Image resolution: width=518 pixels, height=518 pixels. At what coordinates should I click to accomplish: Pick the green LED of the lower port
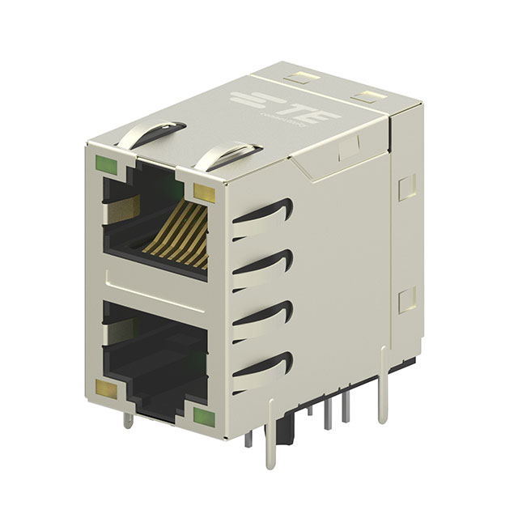203,418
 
